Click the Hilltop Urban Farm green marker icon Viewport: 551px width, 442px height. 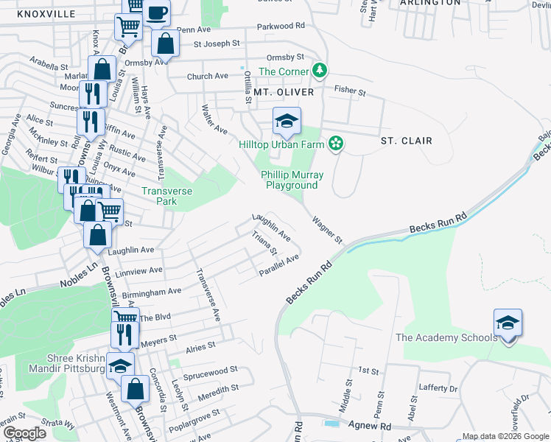(336, 144)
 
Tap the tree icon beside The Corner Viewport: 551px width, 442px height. (319, 71)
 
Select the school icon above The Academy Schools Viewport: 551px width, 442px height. (508, 323)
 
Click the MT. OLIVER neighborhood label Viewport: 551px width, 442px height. (284, 92)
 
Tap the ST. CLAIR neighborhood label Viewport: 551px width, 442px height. (406, 140)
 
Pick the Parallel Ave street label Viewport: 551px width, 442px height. (278, 265)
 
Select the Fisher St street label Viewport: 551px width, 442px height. (350, 91)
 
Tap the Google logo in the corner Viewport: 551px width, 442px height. (25, 433)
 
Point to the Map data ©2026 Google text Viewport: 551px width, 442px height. (505, 436)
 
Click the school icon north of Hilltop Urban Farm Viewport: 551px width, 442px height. (287, 122)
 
